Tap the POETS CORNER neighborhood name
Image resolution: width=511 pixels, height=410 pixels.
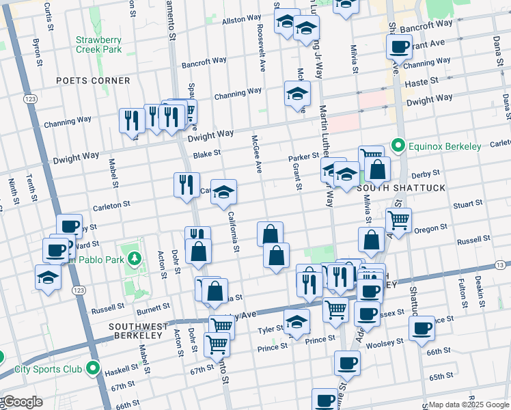[93, 81]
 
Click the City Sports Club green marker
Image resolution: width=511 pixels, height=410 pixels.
[93, 370]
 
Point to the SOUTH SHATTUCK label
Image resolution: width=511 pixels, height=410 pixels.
[400, 188]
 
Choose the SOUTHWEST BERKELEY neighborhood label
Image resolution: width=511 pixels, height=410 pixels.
[135, 331]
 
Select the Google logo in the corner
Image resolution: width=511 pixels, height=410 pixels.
[22, 402]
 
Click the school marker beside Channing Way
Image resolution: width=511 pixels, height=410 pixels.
[297, 94]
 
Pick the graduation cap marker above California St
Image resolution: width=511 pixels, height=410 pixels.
[223, 193]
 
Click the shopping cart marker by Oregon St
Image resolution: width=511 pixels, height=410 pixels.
[398, 219]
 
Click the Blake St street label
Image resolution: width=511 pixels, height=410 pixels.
[208, 155]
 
